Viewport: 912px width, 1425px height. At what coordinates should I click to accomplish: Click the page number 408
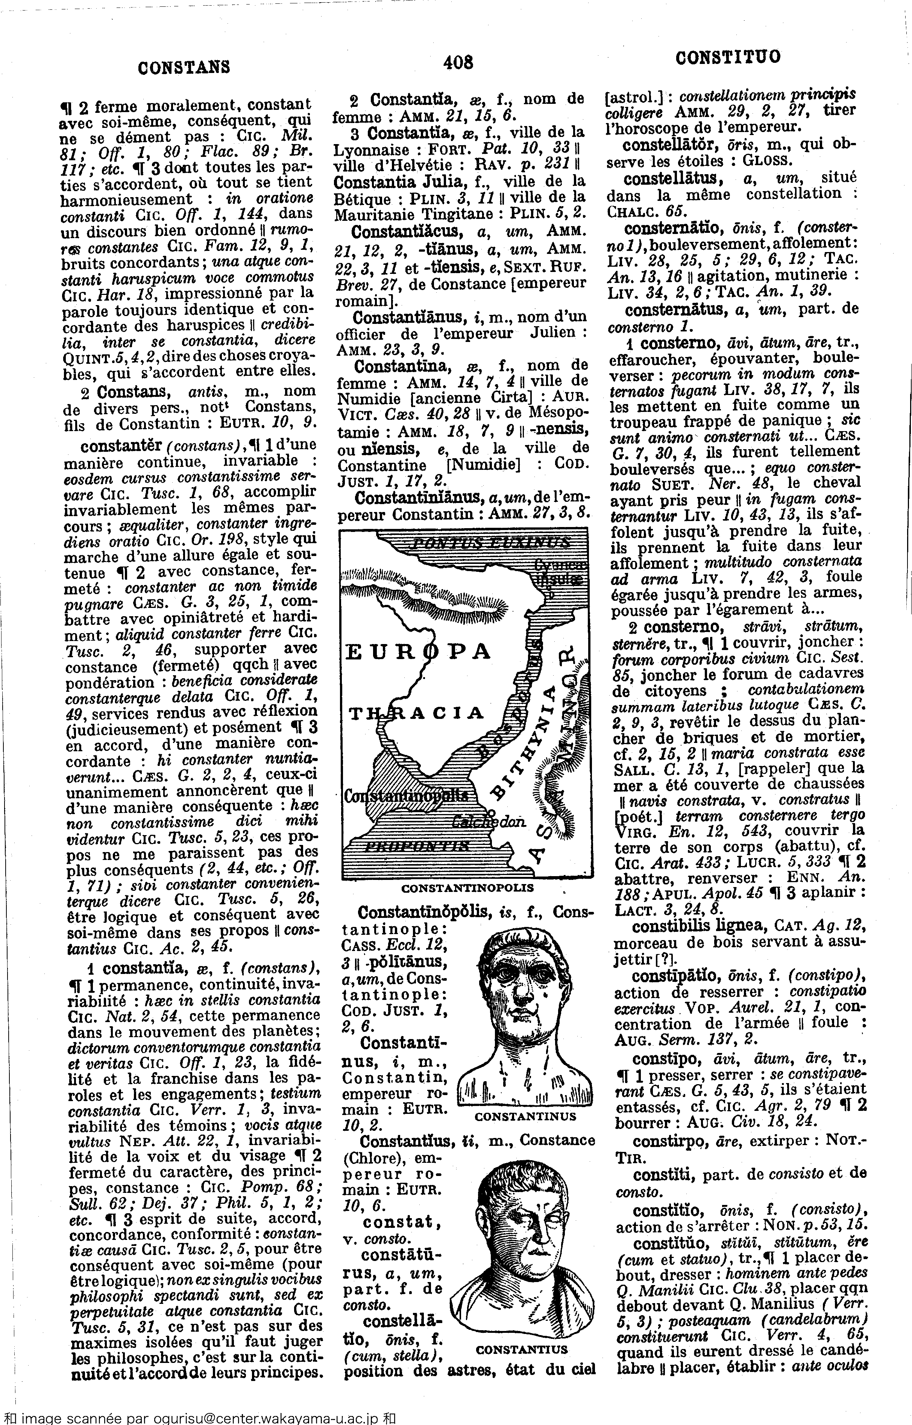point(458,62)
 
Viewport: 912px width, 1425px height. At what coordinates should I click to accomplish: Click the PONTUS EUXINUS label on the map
point(490,542)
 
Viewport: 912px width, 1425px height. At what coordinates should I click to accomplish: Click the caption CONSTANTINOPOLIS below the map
point(467,889)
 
